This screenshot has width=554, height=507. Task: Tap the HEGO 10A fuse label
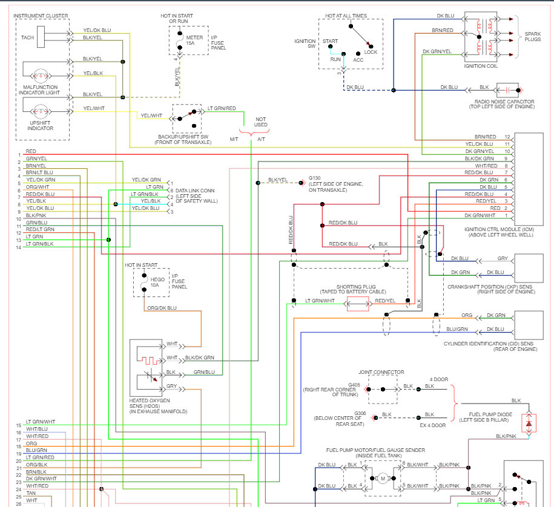[x=156, y=280]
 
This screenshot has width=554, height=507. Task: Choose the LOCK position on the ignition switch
[x=371, y=53]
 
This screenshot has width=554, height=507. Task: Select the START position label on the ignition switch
[x=331, y=42]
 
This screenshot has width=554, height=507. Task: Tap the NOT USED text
[x=261, y=122]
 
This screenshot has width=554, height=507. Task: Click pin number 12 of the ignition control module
[x=507, y=137]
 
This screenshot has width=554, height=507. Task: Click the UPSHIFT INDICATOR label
[x=41, y=125]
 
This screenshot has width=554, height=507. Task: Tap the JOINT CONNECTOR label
[x=381, y=372]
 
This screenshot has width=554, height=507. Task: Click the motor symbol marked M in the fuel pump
[x=383, y=479]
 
